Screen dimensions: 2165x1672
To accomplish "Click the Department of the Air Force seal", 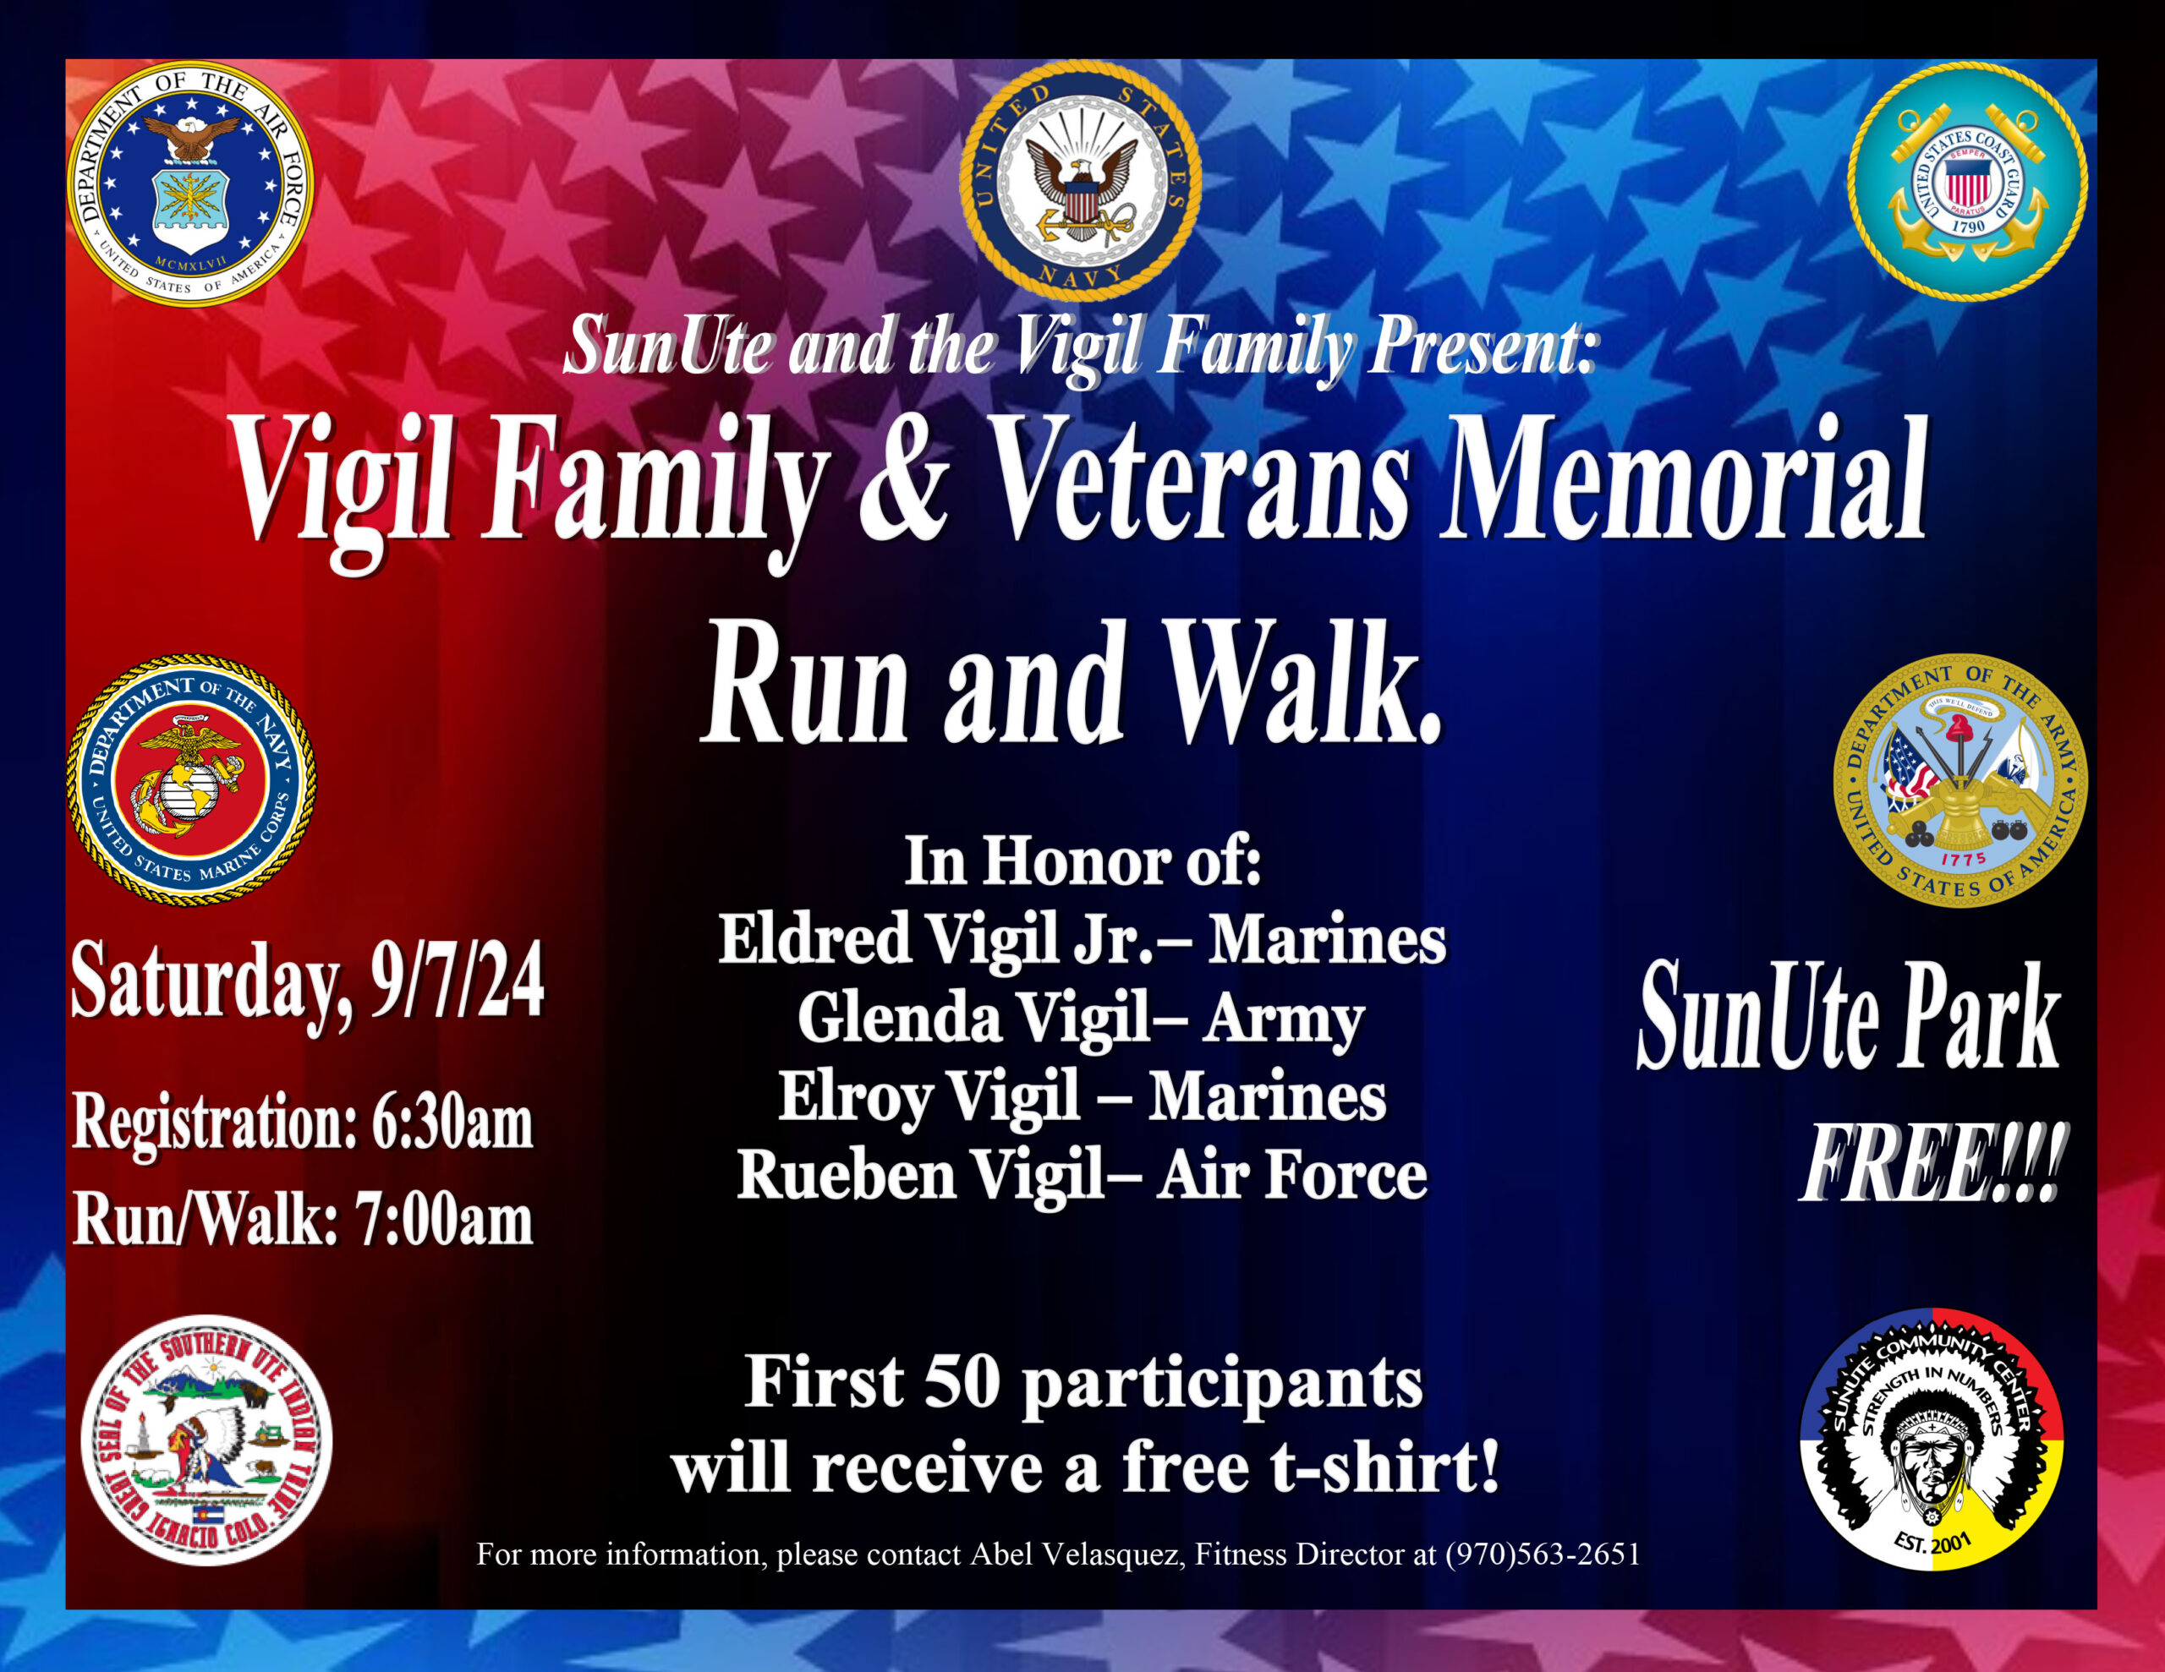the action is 190,184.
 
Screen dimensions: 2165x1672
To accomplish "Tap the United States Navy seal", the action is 1081,179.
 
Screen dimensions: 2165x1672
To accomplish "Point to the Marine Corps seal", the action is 191,779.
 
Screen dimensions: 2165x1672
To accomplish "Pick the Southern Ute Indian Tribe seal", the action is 206,1440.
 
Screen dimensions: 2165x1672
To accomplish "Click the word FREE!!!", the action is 1934,1166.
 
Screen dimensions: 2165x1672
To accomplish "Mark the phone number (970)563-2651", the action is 1543,1553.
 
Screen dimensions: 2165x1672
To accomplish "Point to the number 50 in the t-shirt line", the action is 961,1380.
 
